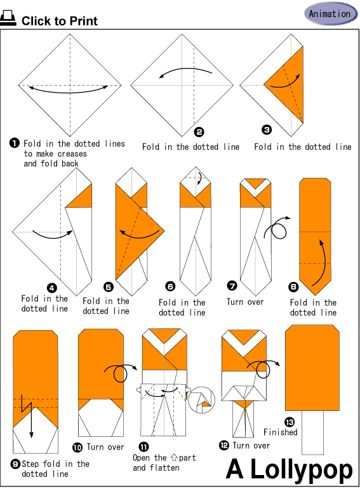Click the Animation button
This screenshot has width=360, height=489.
[x=330, y=13]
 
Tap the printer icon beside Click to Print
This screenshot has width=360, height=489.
[x=8, y=18]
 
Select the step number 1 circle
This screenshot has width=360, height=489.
[x=15, y=143]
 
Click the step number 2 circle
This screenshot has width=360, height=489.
[x=199, y=132]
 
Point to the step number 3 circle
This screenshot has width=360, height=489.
[x=267, y=130]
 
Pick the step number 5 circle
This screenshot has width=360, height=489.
[x=109, y=287]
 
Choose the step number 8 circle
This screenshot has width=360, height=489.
[x=293, y=287]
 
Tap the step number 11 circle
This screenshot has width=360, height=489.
[x=143, y=447]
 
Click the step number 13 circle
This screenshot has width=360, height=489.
[x=290, y=422]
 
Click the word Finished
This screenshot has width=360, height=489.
[x=280, y=432]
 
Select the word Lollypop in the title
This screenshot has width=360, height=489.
[x=302, y=469]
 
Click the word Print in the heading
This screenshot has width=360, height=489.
[x=83, y=21]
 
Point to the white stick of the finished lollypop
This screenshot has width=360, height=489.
[x=312, y=432]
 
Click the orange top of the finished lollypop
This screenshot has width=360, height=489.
[x=312, y=368]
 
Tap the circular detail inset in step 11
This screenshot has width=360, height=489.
[x=202, y=400]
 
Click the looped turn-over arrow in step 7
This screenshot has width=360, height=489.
[x=276, y=229]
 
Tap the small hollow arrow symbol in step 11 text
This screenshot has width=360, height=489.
[x=174, y=457]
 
